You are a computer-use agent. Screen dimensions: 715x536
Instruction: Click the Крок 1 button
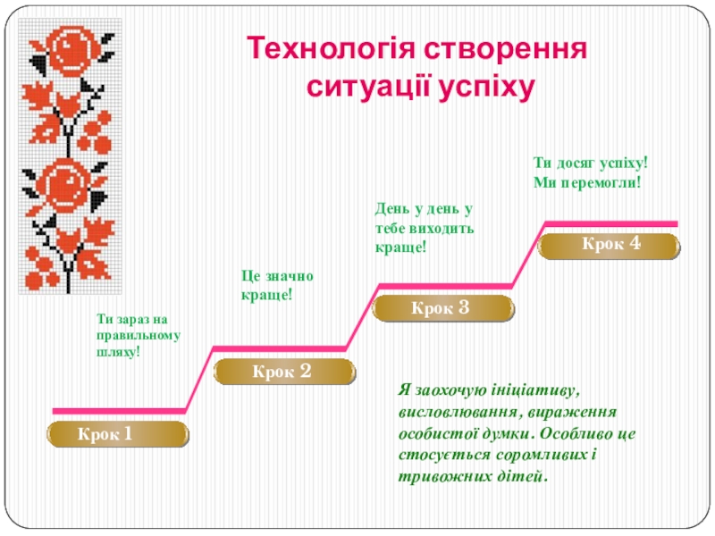(118, 435)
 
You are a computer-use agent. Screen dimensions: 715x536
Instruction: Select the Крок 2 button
(282, 371)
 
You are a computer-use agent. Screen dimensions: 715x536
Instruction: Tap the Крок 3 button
(442, 308)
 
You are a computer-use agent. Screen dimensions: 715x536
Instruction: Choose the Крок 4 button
(611, 244)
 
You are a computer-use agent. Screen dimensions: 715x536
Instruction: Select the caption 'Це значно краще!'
(277, 285)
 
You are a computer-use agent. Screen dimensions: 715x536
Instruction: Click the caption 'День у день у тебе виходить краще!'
(424, 227)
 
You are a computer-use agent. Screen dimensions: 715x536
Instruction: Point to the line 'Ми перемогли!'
(587, 182)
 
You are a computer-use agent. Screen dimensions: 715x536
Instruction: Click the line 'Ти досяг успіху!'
(590, 163)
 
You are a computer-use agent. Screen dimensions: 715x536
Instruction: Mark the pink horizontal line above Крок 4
(611, 222)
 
